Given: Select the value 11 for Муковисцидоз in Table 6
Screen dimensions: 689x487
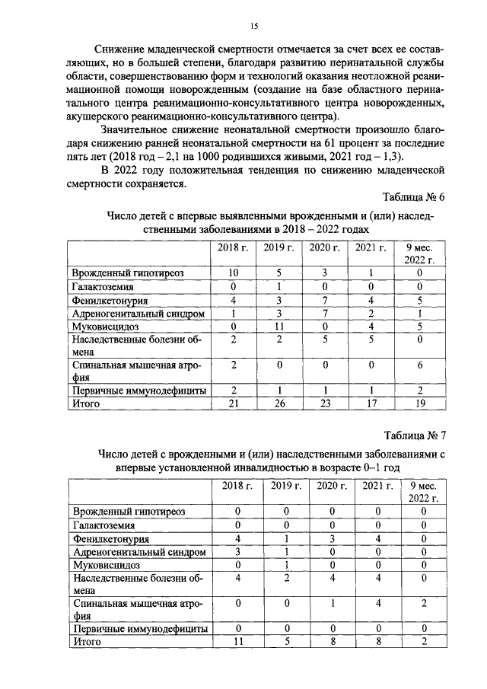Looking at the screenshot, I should coord(279,327).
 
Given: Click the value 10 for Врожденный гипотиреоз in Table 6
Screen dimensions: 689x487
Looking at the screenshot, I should coord(234,272).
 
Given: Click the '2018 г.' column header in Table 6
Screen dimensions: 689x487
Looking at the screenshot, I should coord(234,247).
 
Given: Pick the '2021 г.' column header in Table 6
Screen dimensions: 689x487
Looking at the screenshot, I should coord(371,247).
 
